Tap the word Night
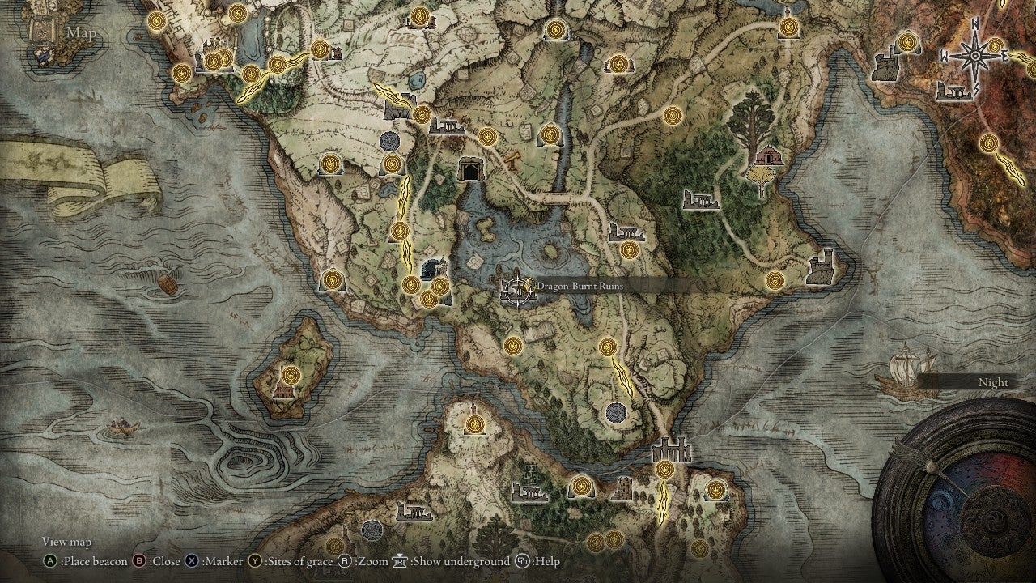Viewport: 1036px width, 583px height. [993, 382]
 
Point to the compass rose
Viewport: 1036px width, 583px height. [974, 55]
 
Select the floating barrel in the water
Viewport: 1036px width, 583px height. [168, 284]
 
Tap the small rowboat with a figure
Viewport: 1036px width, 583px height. [121, 426]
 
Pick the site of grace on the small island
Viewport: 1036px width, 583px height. [291, 375]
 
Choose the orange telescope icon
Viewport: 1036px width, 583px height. [512, 160]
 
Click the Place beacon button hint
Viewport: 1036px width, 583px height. [85, 561]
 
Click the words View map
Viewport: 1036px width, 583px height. [67, 542]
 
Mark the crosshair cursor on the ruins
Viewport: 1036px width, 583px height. [516, 290]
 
